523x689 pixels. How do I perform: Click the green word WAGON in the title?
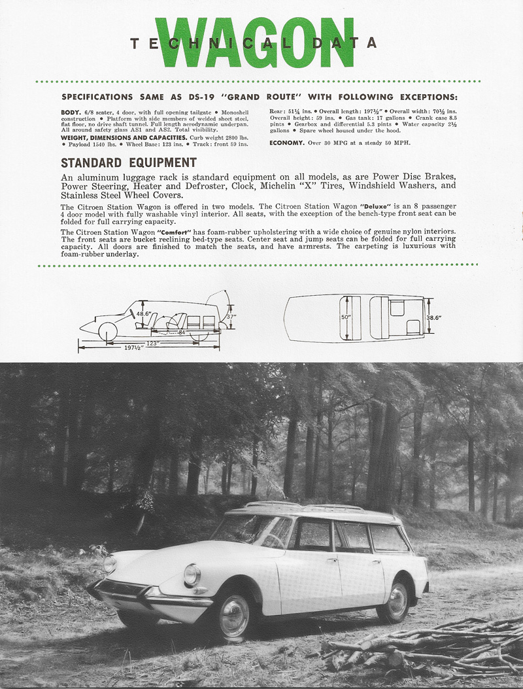click(265, 43)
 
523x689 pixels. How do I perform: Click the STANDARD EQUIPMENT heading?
click(128, 162)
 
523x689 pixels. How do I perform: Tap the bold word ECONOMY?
click(287, 142)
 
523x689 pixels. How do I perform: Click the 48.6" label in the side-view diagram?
click(143, 313)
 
